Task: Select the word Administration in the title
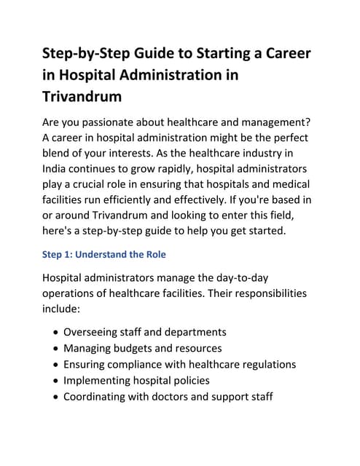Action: coord(163,75)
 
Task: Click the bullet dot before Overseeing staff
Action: coord(56,331)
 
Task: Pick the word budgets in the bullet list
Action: coord(139,348)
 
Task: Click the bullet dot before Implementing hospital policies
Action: coord(56,381)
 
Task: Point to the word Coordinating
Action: coord(98,397)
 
